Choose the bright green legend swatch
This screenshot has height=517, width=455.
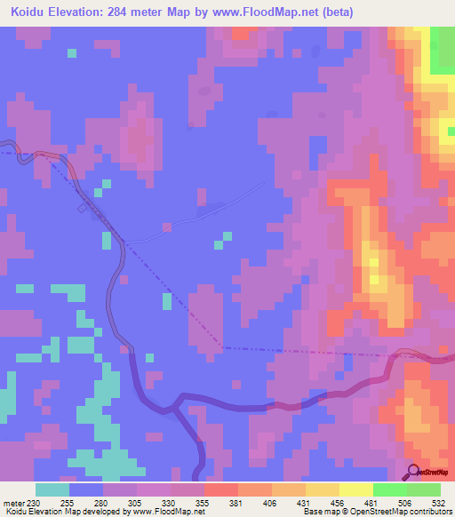tap(389, 489)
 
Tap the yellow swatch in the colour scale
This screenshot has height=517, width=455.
tap(355, 489)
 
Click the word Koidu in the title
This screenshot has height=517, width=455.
tap(32, 13)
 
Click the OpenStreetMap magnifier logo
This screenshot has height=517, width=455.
tap(413, 472)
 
